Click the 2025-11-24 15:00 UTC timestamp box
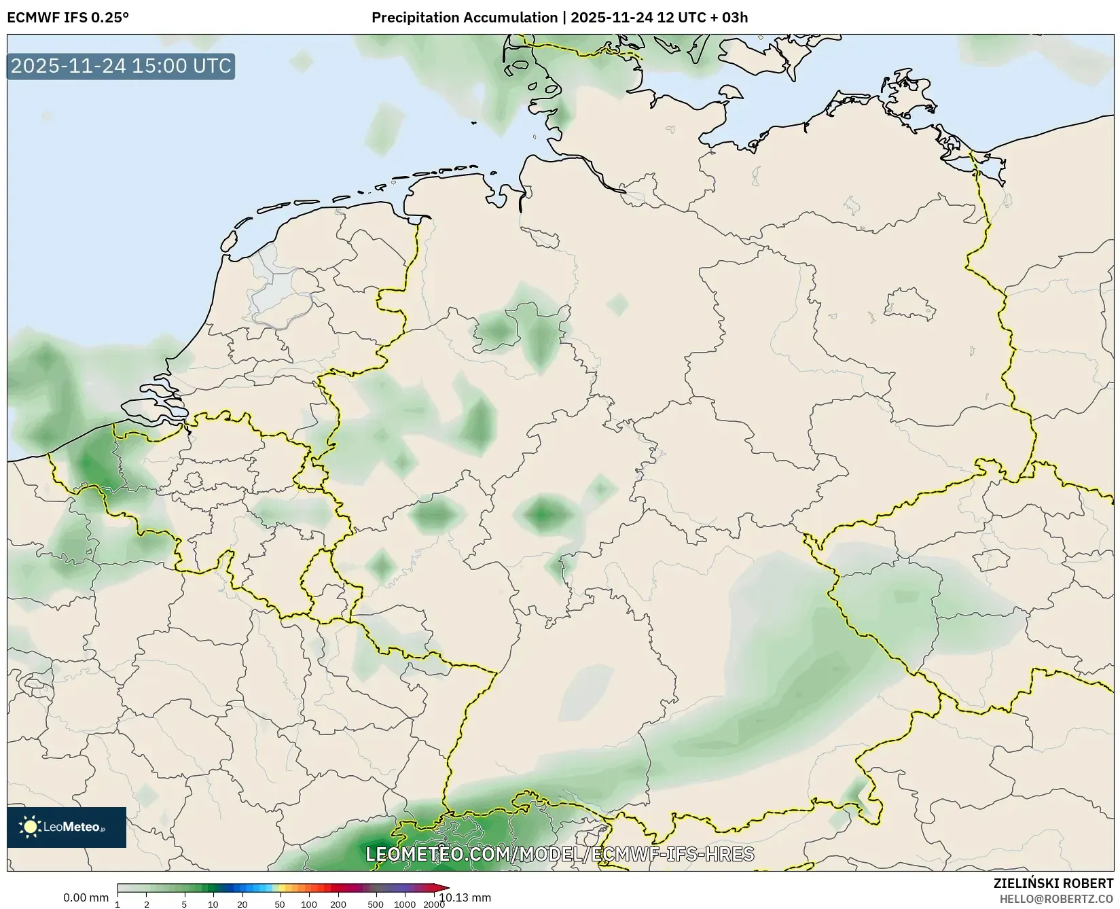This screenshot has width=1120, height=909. (121, 67)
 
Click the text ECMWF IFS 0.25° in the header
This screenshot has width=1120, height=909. (68, 18)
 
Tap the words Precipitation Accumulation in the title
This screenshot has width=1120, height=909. (465, 18)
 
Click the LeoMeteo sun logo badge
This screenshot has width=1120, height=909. (67, 827)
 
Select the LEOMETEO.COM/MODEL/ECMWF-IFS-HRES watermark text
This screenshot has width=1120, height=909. (560, 854)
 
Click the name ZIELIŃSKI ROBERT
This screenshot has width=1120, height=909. (1053, 884)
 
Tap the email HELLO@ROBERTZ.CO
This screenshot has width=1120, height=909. (1056, 899)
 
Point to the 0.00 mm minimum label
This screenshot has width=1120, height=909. (86, 897)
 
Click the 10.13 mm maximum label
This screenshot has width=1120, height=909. (465, 897)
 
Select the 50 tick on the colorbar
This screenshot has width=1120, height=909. (280, 904)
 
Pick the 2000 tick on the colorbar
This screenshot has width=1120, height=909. (434, 904)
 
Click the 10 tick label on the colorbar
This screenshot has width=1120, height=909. (213, 904)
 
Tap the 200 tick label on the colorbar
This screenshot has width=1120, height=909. (338, 904)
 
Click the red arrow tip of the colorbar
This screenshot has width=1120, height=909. (444, 888)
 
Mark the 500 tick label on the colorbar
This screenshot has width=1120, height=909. (376, 904)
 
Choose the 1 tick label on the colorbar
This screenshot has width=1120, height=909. (118, 904)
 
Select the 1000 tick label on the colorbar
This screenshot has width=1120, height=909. (405, 904)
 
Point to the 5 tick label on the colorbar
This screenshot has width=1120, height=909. (184, 904)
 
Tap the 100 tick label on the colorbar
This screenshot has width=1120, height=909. (309, 904)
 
